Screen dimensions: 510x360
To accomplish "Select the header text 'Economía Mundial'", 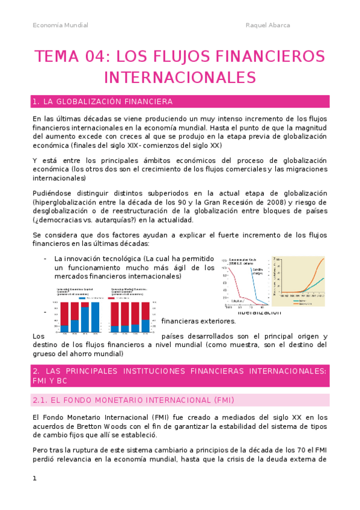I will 60,25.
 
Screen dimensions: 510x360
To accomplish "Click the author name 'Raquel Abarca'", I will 268,25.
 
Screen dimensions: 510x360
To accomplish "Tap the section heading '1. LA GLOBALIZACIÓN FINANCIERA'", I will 103,101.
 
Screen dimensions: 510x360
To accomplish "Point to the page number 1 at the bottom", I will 35,478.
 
